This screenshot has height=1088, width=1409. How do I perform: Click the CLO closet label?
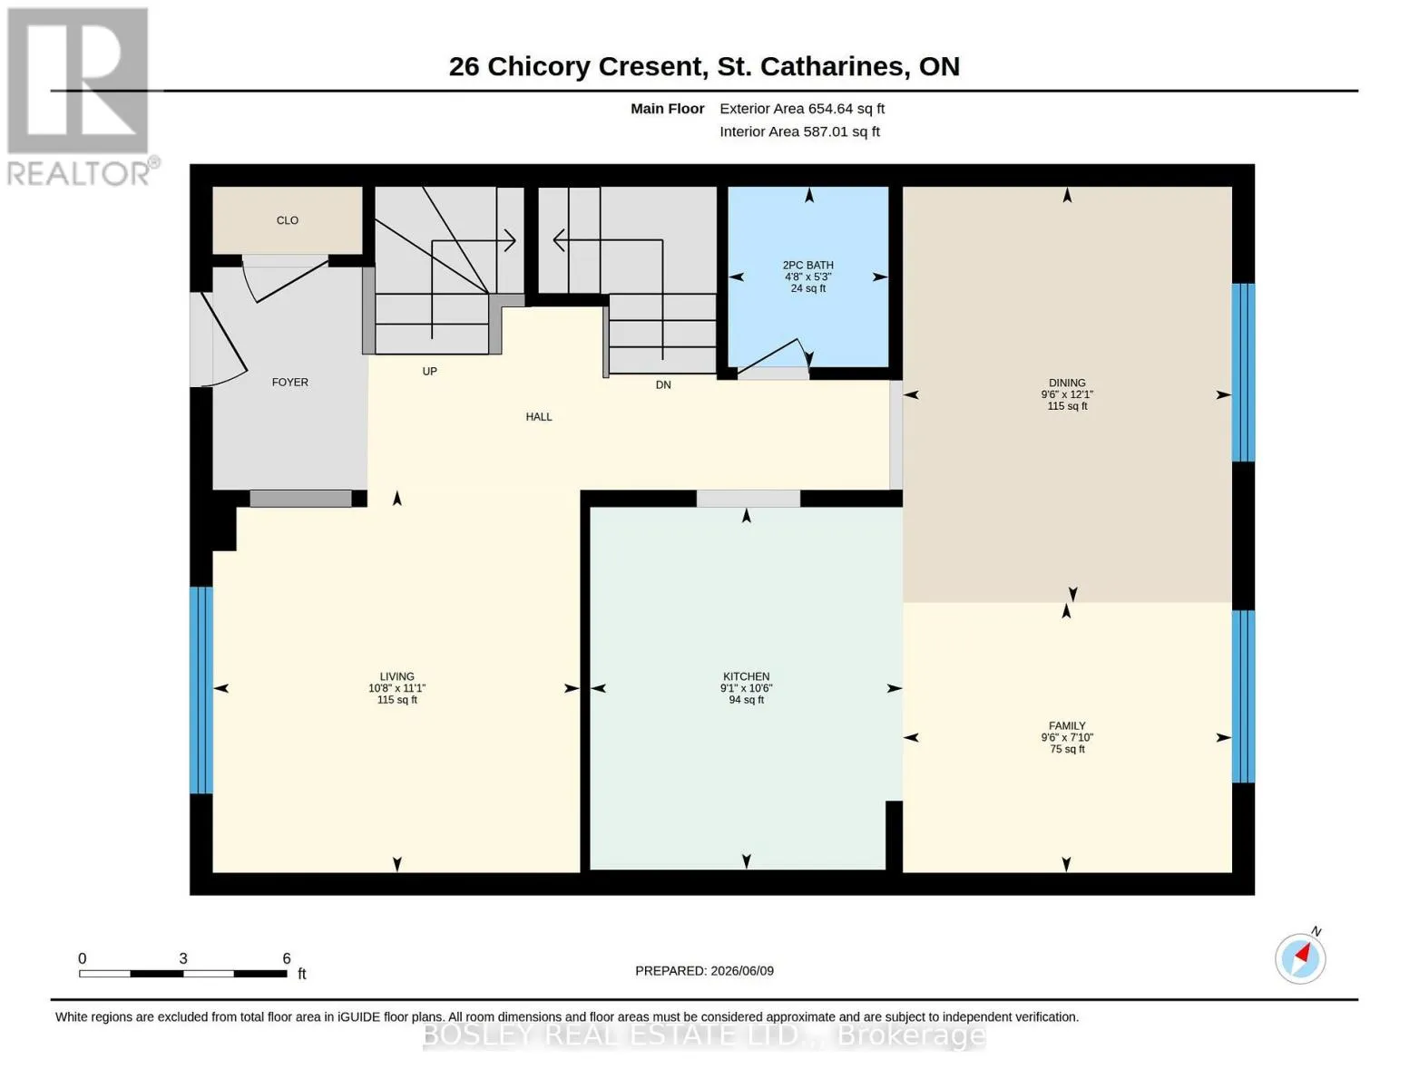pyautogui.click(x=288, y=220)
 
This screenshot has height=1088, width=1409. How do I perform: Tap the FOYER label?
pyautogui.click(x=289, y=383)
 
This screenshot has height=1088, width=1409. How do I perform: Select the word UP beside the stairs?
pyautogui.click(x=429, y=372)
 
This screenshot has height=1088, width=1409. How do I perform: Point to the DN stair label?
pyautogui.click(x=662, y=385)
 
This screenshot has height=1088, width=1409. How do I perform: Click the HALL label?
pyautogui.click(x=539, y=417)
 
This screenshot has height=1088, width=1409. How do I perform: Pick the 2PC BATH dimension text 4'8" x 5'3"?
pyautogui.click(x=807, y=277)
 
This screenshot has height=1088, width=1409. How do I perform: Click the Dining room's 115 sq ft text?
pyautogui.click(x=1067, y=406)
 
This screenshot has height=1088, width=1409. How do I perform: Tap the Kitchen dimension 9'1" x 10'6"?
pyautogui.click(x=747, y=688)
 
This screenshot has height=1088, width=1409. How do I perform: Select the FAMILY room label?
pyautogui.click(x=1067, y=725)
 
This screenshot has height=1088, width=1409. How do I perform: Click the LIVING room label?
pyautogui.click(x=396, y=676)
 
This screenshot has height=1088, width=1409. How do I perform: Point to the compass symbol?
pyautogui.click(x=1300, y=958)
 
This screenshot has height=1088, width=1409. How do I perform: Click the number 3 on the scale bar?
pyautogui.click(x=183, y=958)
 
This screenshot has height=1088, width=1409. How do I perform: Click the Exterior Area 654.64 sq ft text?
pyautogui.click(x=802, y=109)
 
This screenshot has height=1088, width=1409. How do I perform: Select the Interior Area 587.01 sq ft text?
pyautogui.click(x=799, y=131)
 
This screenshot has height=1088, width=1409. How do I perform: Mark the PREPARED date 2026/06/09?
pyautogui.click(x=742, y=971)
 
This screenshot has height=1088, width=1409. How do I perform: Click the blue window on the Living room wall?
pyautogui.click(x=201, y=690)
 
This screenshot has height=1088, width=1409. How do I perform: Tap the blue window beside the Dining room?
pyautogui.click(x=1243, y=373)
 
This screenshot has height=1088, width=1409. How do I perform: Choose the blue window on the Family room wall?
pyautogui.click(x=1243, y=696)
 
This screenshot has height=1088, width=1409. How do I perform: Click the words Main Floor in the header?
pyautogui.click(x=667, y=109)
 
